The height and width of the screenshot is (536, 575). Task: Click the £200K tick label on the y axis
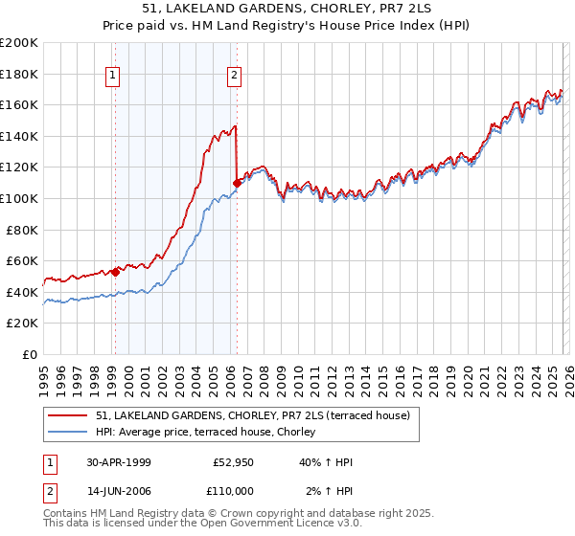pos(19,43)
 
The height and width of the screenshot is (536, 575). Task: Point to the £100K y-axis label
pos(19,198)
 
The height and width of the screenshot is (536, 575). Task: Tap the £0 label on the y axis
pos(30,354)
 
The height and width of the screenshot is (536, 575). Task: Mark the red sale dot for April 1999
pos(115,271)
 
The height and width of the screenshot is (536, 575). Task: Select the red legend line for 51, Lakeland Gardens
pos(67,415)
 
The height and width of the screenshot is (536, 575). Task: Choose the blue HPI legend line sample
pos(67,433)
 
